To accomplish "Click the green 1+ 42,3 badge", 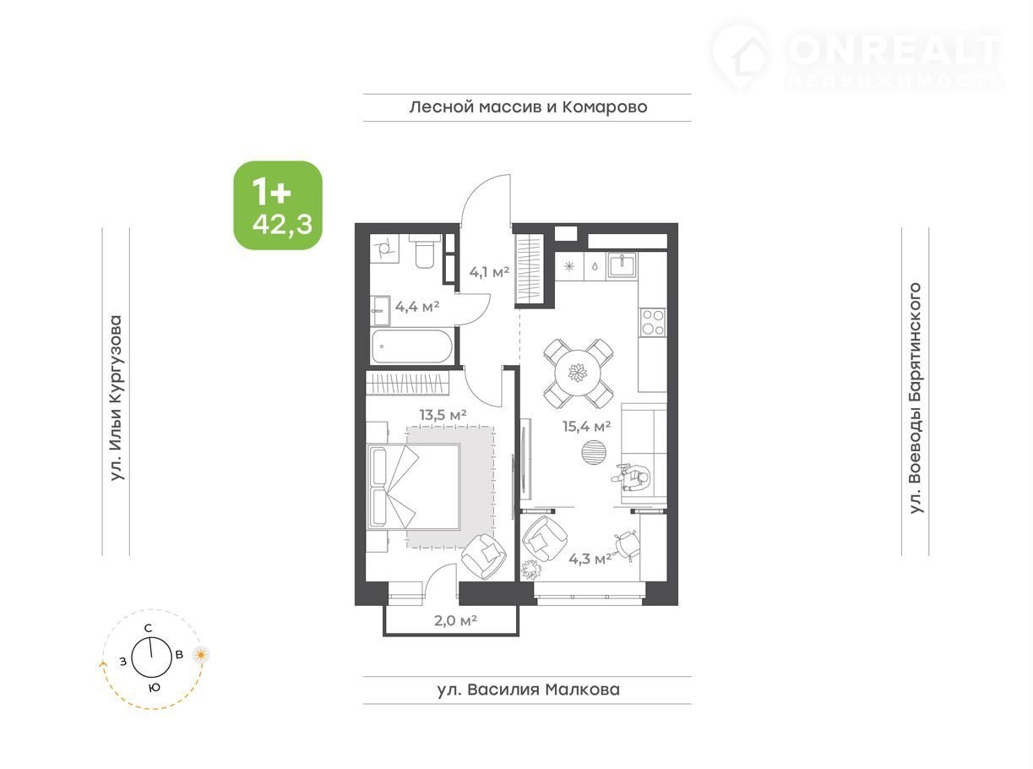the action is pyautogui.click(x=278, y=205).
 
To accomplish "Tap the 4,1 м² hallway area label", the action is pyautogui.click(x=489, y=272).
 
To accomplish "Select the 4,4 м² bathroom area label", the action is pyautogui.click(x=417, y=307).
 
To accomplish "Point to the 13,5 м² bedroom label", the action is pyautogui.click(x=443, y=414).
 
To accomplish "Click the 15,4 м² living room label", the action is pyautogui.click(x=587, y=426).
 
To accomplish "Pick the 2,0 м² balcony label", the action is pyautogui.click(x=455, y=620).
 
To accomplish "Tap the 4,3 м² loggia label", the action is pyautogui.click(x=590, y=559).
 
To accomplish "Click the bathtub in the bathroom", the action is pyautogui.click(x=411, y=346).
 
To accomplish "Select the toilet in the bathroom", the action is pyautogui.click(x=424, y=252).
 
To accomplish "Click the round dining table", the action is pyautogui.click(x=578, y=373).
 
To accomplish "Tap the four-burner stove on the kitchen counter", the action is pyautogui.click(x=653, y=322).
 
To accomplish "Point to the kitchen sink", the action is pyautogui.click(x=622, y=265).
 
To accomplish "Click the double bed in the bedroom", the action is pyautogui.click(x=414, y=487).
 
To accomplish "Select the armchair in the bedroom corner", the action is pyautogui.click(x=483, y=557).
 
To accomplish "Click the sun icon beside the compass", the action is pyautogui.click(x=201, y=655).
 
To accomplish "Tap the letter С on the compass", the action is pyautogui.click(x=148, y=628).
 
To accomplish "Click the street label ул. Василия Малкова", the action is pyautogui.click(x=528, y=690).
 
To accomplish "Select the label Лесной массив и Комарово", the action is pyautogui.click(x=528, y=107).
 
